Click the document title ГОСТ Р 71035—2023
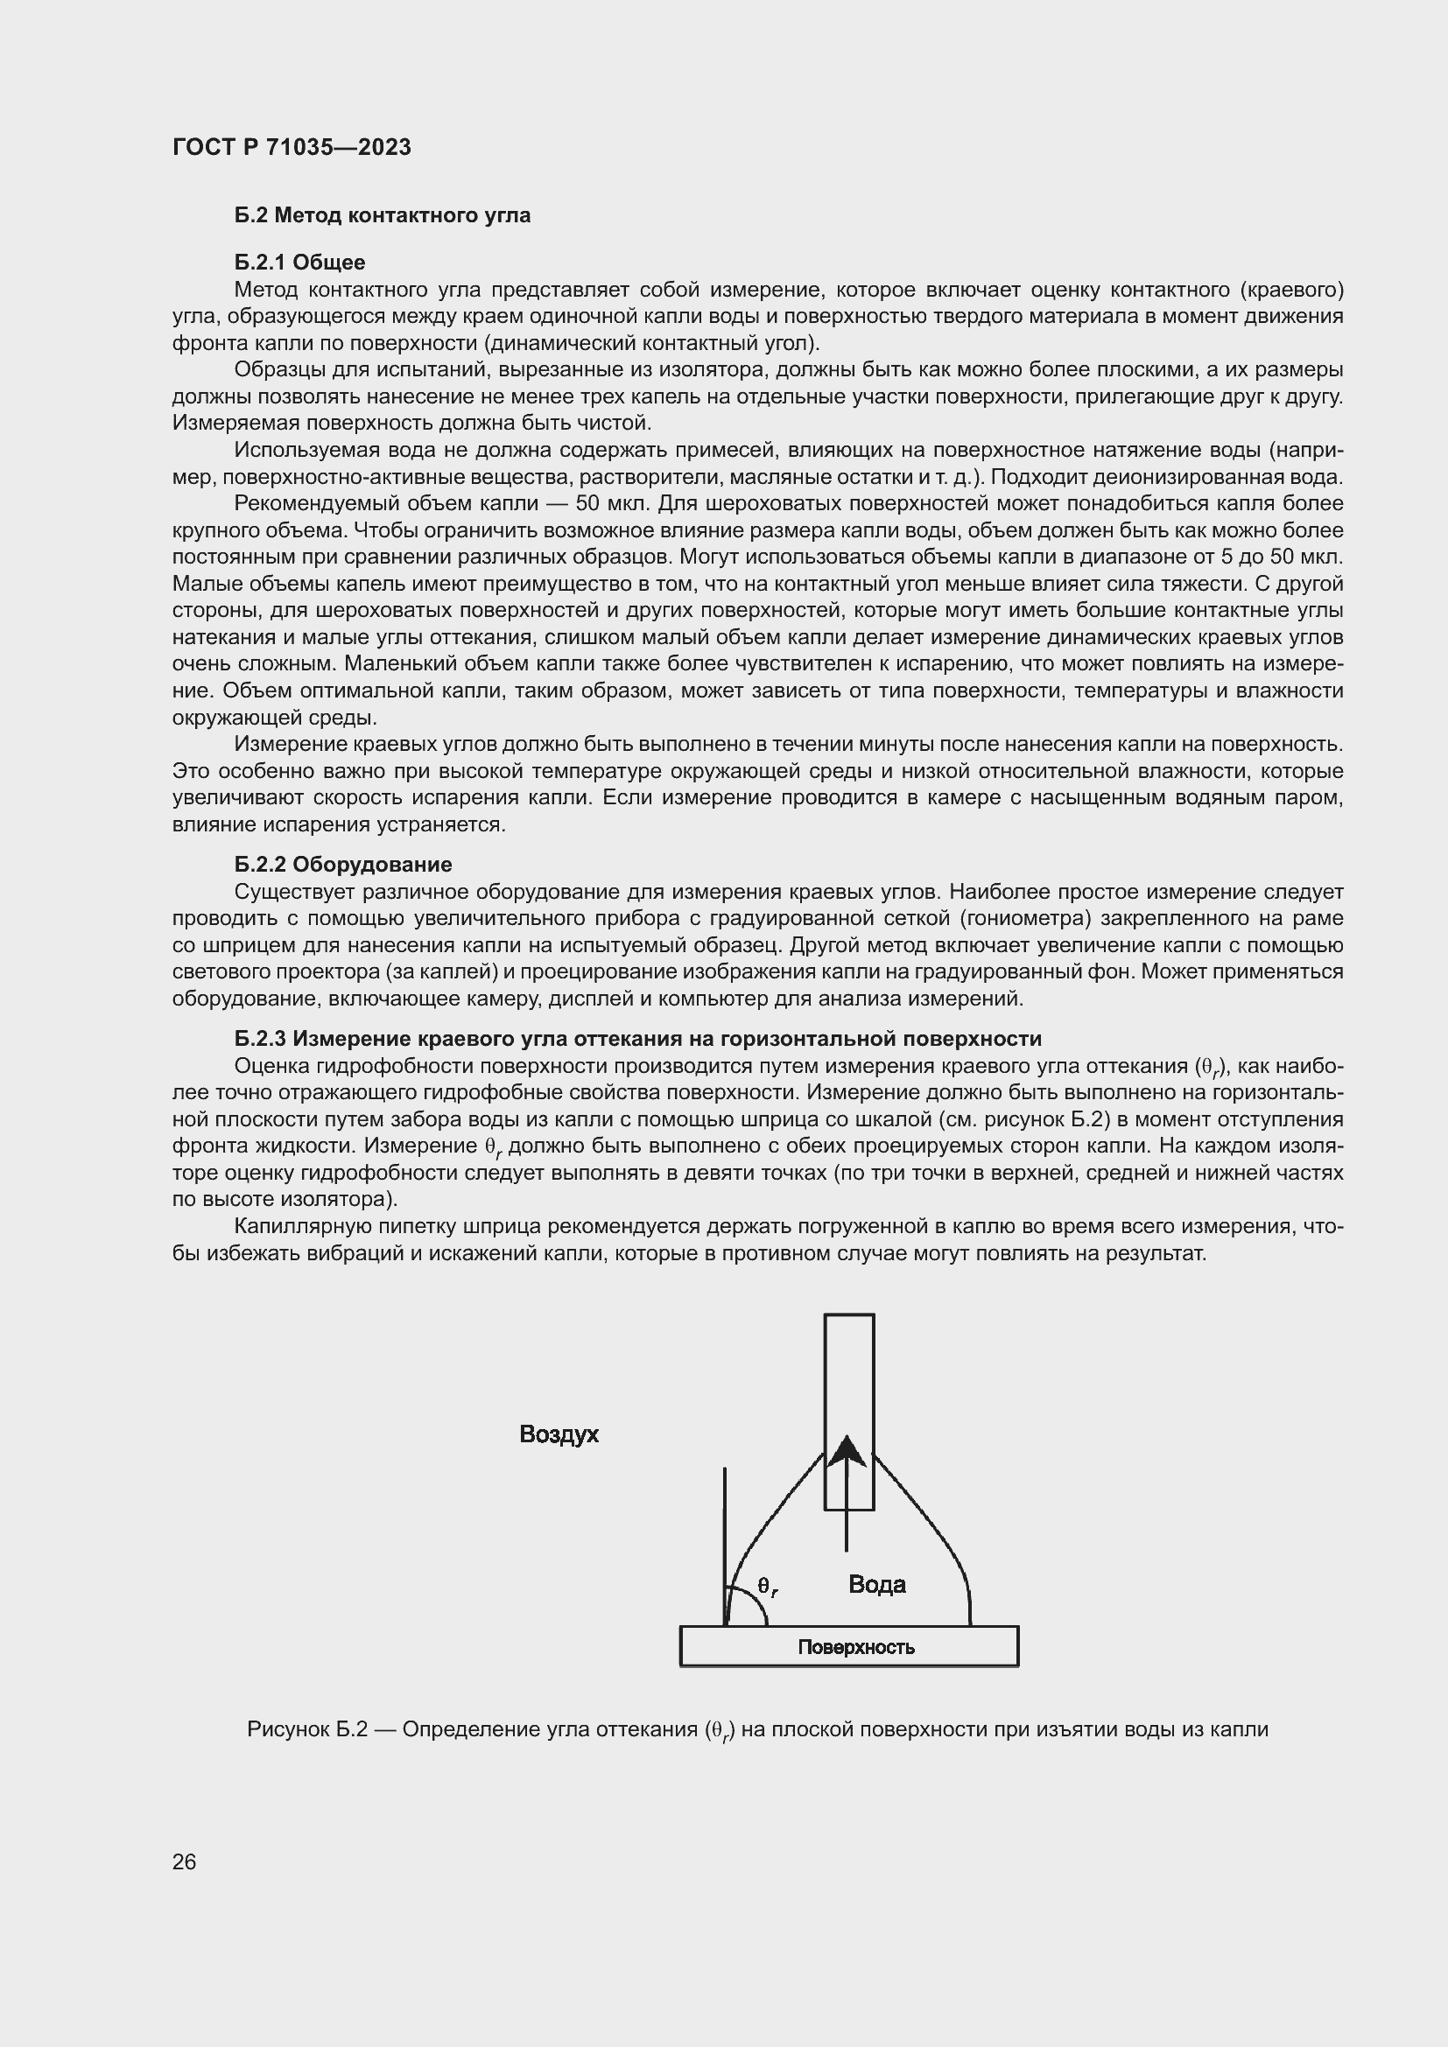(x=292, y=147)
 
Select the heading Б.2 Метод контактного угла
(x=383, y=215)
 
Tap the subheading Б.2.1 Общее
(x=299, y=263)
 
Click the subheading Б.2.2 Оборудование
(x=343, y=864)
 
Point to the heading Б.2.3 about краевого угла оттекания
(x=637, y=1038)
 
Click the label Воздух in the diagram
(x=559, y=1434)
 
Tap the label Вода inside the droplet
(x=876, y=1584)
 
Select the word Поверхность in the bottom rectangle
(x=856, y=1647)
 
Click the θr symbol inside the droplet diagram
(x=768, y=1586)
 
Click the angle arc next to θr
(x=757, y=1605)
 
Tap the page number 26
(x=185, y=1861)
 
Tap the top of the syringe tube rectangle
(x=849, y=1315)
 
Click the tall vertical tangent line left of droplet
(x=725, y=1533)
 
